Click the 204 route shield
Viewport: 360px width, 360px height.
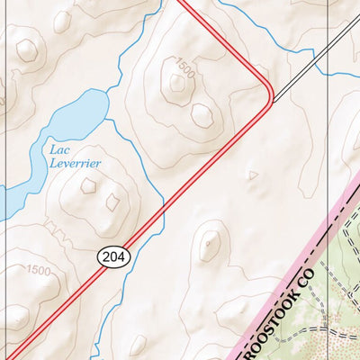[114, 257]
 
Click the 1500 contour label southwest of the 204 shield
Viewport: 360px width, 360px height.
[38, 270]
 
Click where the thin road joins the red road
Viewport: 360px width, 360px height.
[272, 98]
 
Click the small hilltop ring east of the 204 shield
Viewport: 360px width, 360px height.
[211, 243]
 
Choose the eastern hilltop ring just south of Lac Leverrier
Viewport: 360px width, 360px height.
[113, 200]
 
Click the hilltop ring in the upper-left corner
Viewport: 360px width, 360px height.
[28, 49]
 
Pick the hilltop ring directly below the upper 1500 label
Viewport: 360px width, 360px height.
[177, 84]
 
